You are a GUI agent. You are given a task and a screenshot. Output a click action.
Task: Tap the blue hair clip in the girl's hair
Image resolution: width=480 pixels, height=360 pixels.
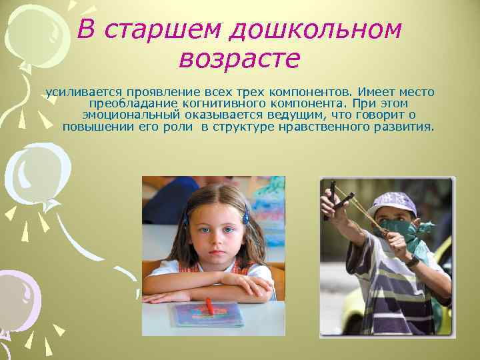tap(245, 215)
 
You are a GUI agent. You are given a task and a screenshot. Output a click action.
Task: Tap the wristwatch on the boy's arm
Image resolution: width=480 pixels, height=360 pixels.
tap(413, 261)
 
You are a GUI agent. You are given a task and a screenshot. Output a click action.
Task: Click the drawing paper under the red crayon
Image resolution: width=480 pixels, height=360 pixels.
tap(207, 314)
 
